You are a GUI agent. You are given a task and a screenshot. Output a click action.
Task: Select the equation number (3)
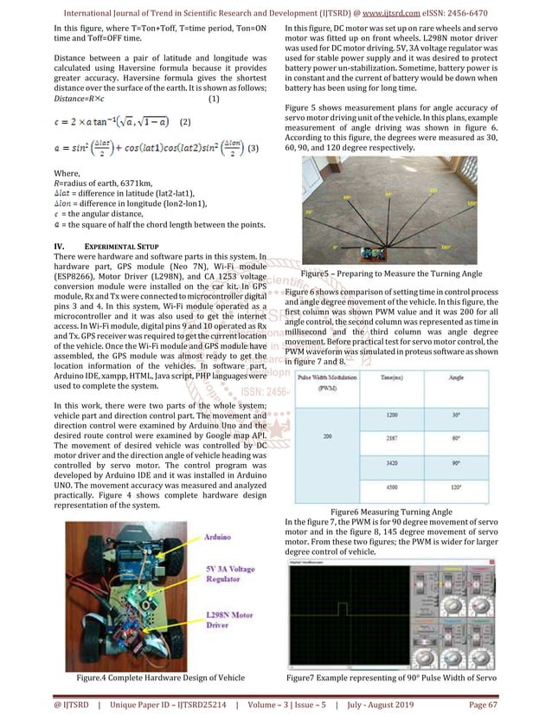[x=253, y=148]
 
